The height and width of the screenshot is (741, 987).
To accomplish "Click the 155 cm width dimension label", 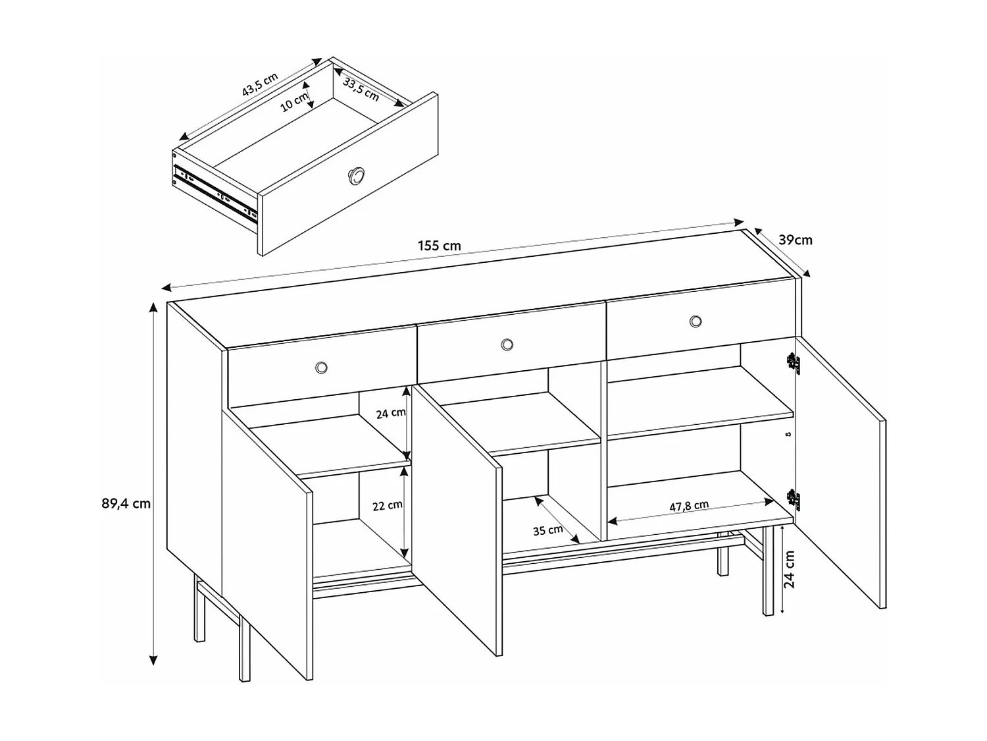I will coord(439,246).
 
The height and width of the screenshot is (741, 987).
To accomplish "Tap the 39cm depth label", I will coord(796,240).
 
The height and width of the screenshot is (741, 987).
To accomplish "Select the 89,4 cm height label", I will coord(126,504).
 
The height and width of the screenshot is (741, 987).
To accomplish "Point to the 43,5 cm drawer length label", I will coord(259,85).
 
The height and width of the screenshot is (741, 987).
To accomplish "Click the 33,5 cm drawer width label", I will coord(361,90).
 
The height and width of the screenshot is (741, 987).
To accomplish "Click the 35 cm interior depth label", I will coord(547,530).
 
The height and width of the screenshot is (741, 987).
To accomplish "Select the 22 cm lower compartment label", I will coord(387,505).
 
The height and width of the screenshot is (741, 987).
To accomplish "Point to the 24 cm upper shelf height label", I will coord(391,413).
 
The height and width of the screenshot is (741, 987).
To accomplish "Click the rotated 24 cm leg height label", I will coord(790,569).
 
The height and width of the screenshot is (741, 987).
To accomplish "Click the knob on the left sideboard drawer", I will coord(321,367).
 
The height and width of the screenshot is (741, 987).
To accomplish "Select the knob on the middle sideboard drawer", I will coord(507,344).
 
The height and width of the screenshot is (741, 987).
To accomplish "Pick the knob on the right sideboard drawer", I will coord(696,321).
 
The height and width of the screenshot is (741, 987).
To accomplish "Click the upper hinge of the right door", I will coord(792,362).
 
